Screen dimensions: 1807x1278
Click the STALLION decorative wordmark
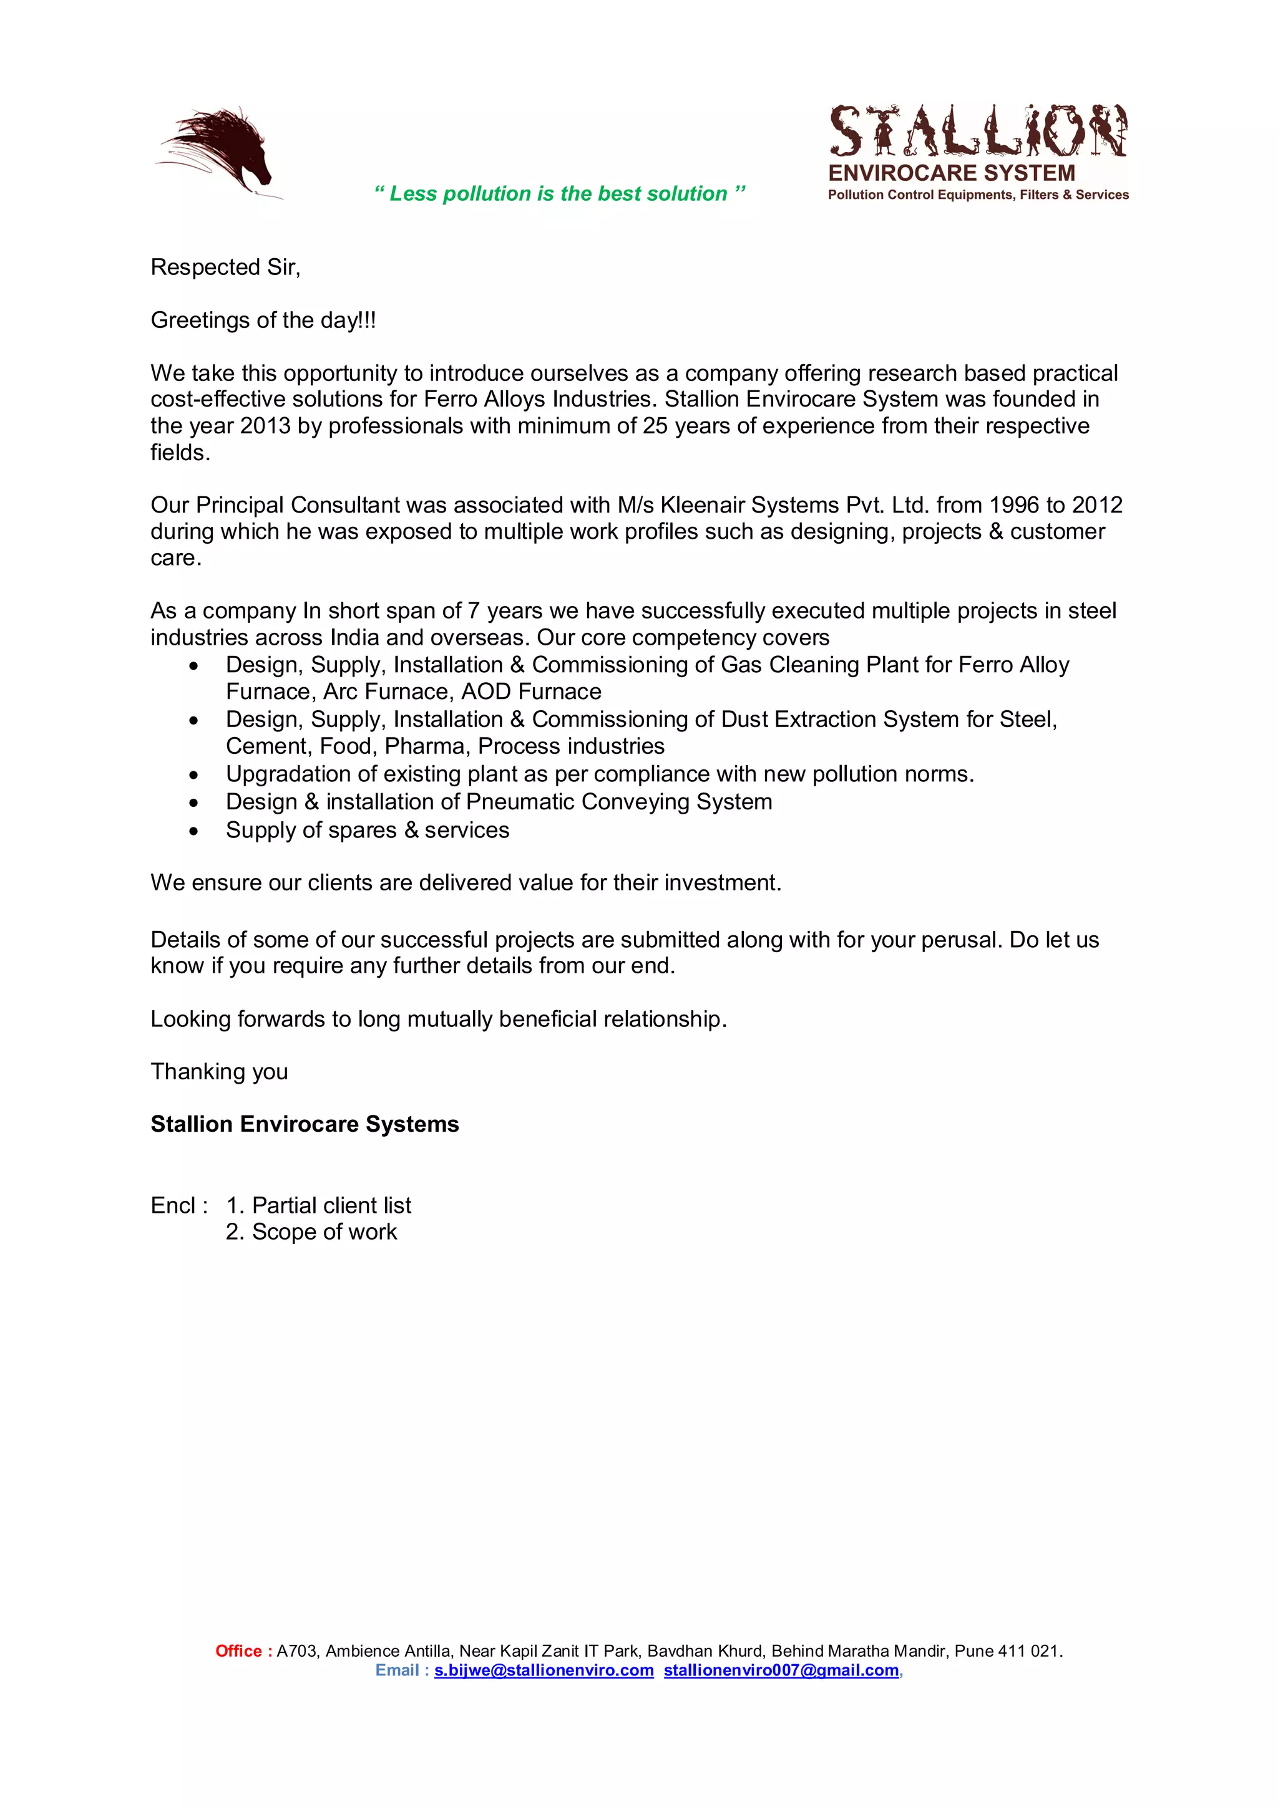977,131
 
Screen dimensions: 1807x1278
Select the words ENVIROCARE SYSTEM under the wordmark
951,173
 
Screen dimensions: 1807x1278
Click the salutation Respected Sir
225,267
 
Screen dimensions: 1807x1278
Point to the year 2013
265,426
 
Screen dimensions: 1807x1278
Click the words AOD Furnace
532,691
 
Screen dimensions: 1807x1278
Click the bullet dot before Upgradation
193,775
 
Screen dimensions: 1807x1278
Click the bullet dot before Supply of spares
193,831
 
